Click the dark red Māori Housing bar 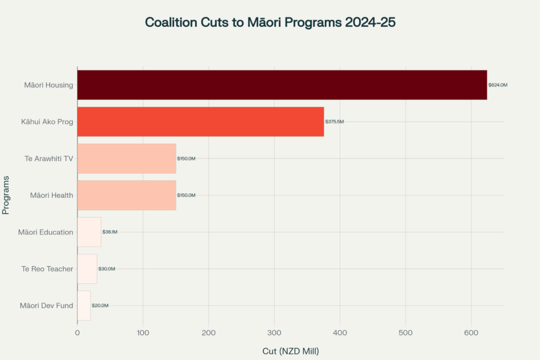click(282, 85)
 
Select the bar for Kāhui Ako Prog click(200, 122)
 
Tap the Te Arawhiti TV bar click(126, 159)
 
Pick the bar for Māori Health click(126, 195)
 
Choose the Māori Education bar click(89, 232)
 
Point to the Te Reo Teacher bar click(87, 269)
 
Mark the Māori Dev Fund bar click(84, 305)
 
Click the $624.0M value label click(498, 85)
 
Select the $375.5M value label click(334, 122)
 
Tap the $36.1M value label click(110, 232)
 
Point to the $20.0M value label click(100, 306)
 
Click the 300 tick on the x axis click(275, 333)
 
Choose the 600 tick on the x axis click(472, 333)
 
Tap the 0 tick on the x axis click(77, 333)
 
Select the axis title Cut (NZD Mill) click(290, 351)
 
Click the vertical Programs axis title click(6, 195)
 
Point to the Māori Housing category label click(48, 85)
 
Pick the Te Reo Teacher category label click(47, 269)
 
